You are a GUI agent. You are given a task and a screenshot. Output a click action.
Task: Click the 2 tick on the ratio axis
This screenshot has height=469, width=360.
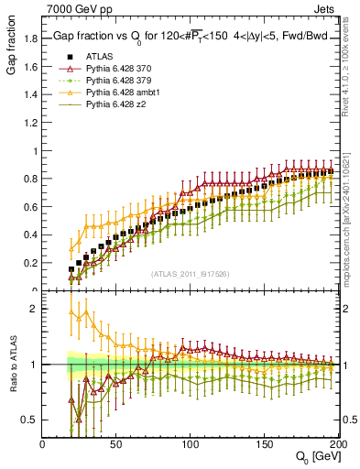pos(35,310)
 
